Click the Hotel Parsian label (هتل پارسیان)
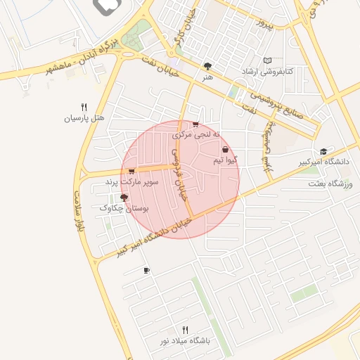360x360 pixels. [84, 118]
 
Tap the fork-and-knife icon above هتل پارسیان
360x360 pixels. [84, 106]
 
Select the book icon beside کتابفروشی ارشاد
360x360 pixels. [266, 60]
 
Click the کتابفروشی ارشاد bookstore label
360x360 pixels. [266, 72]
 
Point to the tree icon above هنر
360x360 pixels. [207, 66]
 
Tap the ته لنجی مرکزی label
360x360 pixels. [196, 134]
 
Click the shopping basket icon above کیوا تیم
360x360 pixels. [225, 150]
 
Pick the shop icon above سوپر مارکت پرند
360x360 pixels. [131, 171]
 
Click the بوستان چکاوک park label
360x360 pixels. [124, 208]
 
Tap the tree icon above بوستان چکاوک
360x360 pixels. [124, 198]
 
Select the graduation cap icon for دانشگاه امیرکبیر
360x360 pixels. [323, 151]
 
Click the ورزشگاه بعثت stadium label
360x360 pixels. [328, 184]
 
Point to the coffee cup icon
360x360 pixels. [146, 270]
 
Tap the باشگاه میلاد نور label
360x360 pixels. [185, 341]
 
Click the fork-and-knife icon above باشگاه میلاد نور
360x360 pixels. [186, 329]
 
